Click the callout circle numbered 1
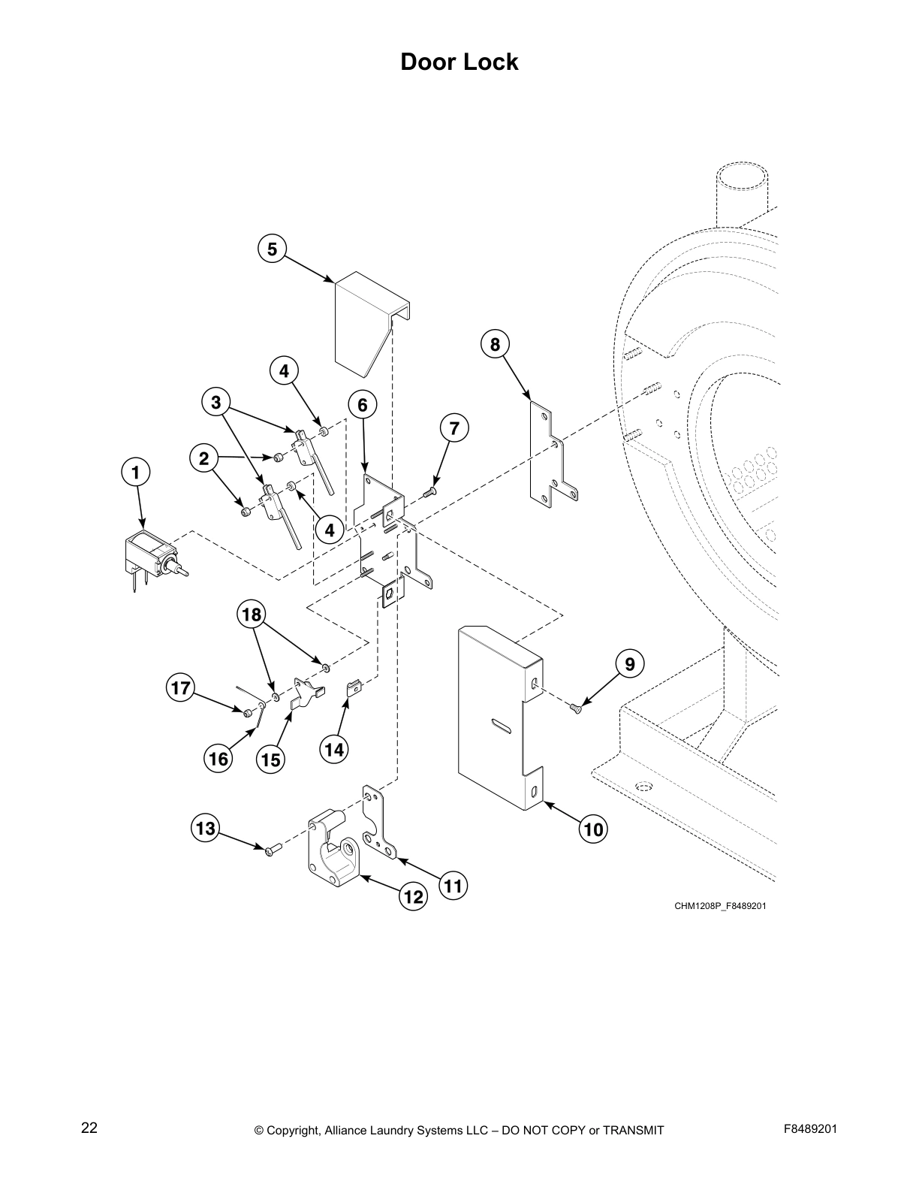pyautogui.click(x=136, y=473)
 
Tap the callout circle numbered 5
pyautogui.click(x=272, y=249)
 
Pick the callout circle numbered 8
pyautogui.click(x=495, y=345)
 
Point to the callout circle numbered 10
pyautogui.click(x=593, y=829)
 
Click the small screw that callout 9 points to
pyautogui.click(x=577, y=707)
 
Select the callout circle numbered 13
pyautogui.click(x=205, y=829)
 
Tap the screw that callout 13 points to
pyautogui.click(x=271, y=849)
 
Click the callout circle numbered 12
pyautogui.click(x=413, y=896)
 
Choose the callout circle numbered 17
pyautogui.click(x=180, y=687)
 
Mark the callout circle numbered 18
pyautogui.click(x=252, y=615)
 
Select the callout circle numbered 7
pyautogui.click(x=453, y=428)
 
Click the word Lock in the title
pyautogui.click(x=489, y=62)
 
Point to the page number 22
pyautogui.click(x=89, y=1128)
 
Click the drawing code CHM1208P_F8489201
pyautogui.click(x=719, y=906)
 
